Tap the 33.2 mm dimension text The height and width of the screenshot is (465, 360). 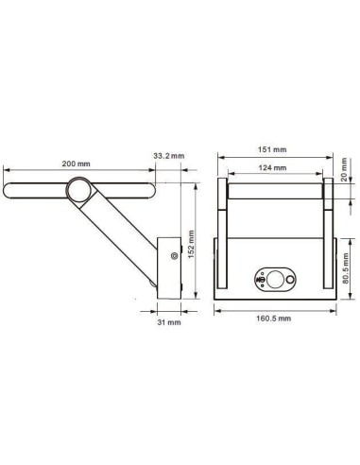click(167, 156)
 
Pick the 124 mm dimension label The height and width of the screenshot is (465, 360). click(272, 168)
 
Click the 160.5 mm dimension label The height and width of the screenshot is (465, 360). click(273, 319)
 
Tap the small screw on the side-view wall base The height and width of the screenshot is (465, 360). click(173, 255)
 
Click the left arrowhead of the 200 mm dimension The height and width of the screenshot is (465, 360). click(7, 171)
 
